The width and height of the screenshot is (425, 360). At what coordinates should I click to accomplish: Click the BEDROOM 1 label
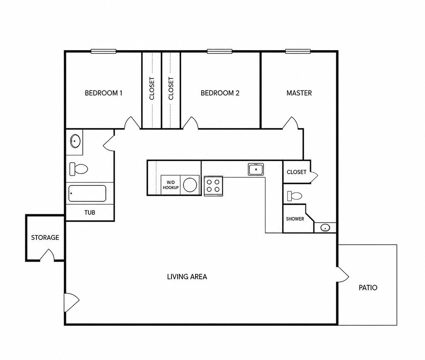(103, 93)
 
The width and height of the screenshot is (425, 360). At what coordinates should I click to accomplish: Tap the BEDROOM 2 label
(220, 93)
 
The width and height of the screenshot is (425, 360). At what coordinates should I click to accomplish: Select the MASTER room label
(299, 93)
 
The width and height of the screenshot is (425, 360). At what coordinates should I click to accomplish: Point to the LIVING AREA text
(187, 277)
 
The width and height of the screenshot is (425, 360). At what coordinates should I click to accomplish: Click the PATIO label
(368, 288)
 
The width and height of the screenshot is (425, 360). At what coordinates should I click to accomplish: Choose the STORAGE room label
(45, 238)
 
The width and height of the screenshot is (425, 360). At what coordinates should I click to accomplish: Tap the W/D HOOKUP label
(171, 185)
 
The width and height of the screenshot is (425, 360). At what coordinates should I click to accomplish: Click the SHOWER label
(295, 219)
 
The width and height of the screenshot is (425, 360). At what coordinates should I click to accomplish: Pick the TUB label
(90, 213)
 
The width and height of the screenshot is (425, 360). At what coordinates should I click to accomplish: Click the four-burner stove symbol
(213, 186)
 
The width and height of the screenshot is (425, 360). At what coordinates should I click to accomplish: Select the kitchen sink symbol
(256, 169)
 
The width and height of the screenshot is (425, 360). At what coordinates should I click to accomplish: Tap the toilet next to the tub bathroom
(78, 169)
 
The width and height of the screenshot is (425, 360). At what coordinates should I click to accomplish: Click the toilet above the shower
(295, 196)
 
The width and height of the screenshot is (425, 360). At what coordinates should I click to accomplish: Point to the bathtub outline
(87, 193)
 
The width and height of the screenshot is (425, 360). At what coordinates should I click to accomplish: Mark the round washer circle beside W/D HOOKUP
(190, 185)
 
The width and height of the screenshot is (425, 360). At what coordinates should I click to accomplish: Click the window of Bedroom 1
(103, 51)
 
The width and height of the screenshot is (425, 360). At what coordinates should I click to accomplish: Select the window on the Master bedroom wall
(298, 51)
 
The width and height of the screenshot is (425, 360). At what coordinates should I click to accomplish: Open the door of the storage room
(47, 255)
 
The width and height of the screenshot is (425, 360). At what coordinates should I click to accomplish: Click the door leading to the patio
(342, 274)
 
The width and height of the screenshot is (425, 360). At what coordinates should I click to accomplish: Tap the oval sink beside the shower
(325, 228)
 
